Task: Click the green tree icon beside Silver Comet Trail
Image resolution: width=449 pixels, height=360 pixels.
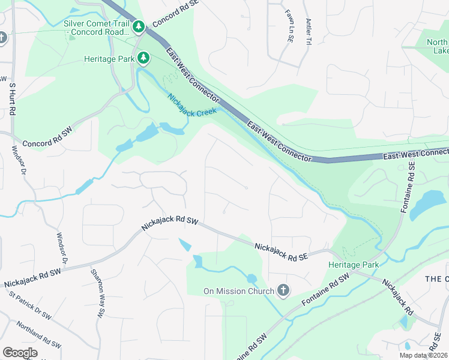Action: coord(139,26)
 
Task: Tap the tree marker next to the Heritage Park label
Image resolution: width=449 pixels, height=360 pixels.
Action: coord(143,58)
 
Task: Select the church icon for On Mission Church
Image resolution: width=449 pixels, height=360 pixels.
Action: coord(283,291)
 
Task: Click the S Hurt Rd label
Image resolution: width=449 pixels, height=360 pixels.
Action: coord(11,100)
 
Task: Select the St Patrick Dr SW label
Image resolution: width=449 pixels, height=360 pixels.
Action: coord(31,305)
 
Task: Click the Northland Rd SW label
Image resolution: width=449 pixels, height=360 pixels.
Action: coord(40,335)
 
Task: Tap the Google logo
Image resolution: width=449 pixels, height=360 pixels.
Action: coord(20,353)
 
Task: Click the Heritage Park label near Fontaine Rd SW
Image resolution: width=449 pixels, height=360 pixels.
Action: coord(354,265)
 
